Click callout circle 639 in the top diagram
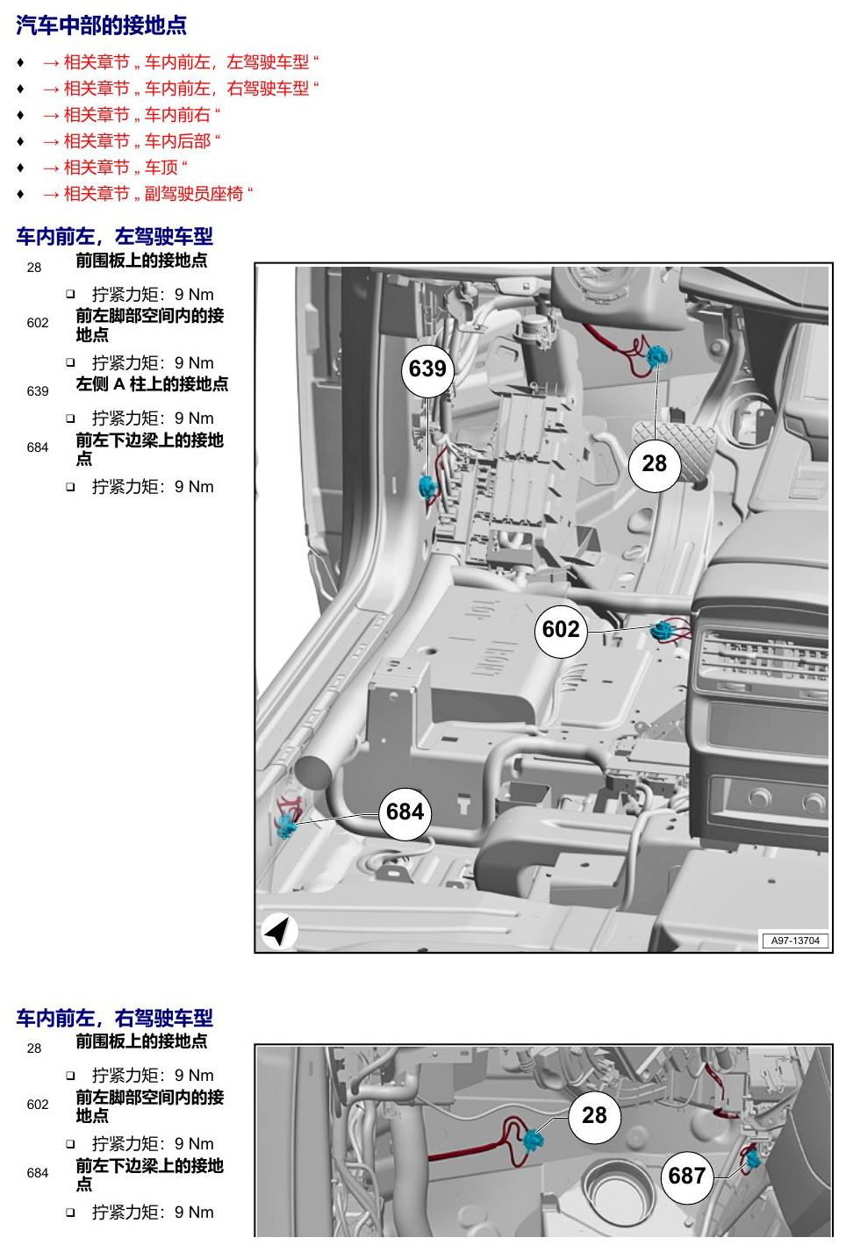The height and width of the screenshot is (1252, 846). click(427, 368)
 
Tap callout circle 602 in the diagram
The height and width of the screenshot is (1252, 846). click(560, 630)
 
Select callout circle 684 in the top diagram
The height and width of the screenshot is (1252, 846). click(405, 812)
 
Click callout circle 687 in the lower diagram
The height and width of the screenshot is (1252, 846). click(686, 1176)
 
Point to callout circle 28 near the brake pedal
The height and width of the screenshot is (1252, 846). click(654, 464)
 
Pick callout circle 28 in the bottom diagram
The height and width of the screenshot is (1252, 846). click(594, 1116)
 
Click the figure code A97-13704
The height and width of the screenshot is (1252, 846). click(794, 941)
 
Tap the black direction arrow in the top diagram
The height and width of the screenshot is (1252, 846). click(278, 931)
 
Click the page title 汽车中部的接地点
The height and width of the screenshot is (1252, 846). click(101, 25)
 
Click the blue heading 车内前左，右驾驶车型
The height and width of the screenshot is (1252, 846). click(115, 1018)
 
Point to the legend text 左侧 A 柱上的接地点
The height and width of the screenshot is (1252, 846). click(152, 384)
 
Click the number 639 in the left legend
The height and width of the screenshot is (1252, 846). click(38, 391)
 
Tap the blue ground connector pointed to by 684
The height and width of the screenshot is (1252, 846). click(286, 825)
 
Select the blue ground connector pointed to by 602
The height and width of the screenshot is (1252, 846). click(661, 631)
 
